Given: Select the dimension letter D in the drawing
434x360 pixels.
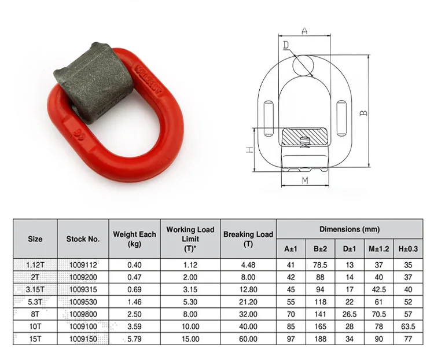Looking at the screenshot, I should click(x=286, y=44).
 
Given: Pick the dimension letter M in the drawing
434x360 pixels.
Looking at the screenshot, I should click(x=305, y=181).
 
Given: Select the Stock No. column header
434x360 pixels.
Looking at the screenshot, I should click(x=83, y=238).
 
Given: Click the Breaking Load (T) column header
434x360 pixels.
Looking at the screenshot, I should click(x=248, y=238).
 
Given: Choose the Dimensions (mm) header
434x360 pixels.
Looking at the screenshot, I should click(x=350, y=229).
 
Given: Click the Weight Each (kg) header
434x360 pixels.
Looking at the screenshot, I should click(x=134, y=238).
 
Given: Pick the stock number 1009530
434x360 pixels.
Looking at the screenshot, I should click(x=83, y=301).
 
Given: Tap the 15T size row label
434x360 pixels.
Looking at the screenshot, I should click(x=35, y=337).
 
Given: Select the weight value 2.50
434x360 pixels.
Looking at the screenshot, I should click(x=134, y=313).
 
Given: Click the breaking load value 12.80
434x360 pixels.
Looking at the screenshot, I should click(x=248, y=289).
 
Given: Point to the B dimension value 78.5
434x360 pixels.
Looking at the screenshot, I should click(x=320, y=265).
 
